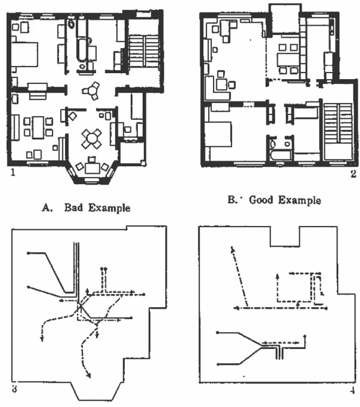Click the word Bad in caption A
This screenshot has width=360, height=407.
(74, 208)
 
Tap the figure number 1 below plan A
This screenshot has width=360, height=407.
(13, 172)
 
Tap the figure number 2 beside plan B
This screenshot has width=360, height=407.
(353, 173)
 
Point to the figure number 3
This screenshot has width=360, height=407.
(15, 389)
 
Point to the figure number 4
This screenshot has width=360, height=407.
(352, 390)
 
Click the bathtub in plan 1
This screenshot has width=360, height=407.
(82, 50)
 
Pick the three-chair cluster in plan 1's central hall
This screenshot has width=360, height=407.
(91, 91)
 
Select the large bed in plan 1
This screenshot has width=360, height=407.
(24, 55)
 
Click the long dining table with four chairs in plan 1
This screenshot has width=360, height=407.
(38, 127)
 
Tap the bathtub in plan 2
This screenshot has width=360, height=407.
(281, 154)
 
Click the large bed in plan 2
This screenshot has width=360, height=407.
(217, 134)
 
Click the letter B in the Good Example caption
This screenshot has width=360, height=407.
(232, 200)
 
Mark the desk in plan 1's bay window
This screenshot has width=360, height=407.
(92, 168)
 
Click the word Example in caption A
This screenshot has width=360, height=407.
(109, 208)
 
